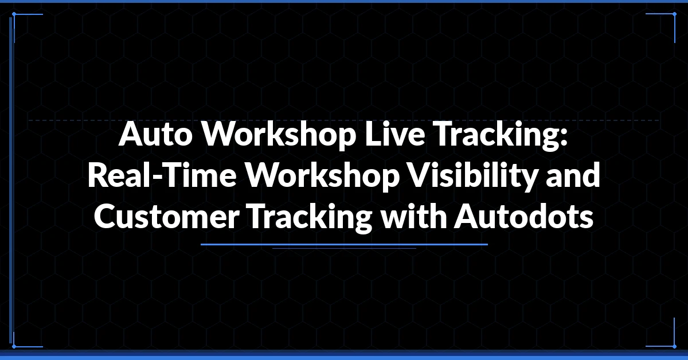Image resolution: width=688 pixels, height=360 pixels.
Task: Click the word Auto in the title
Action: click(155, 134)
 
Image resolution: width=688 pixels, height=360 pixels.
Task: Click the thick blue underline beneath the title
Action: click(344, 245)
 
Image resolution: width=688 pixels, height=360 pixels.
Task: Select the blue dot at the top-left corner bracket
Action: click(14, 14)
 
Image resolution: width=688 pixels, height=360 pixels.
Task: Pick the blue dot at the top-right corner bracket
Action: click(674, 14)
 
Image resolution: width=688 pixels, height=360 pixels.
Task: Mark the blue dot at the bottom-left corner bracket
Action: click(14, 346)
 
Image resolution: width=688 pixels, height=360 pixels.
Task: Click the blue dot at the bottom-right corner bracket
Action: click(674, 346)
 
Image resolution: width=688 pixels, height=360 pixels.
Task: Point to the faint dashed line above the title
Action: click(344, 120)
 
